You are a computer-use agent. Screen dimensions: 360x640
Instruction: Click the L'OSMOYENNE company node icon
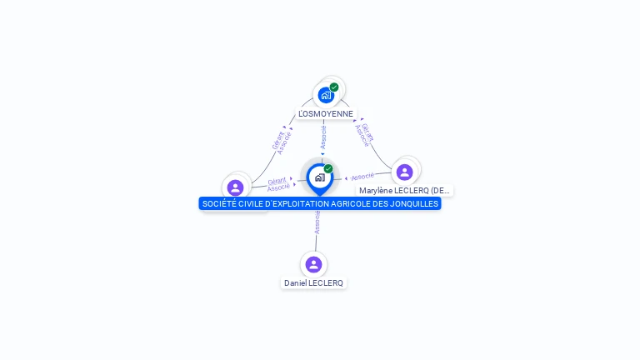(326, 95)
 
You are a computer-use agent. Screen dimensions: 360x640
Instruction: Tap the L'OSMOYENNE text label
(326, 113)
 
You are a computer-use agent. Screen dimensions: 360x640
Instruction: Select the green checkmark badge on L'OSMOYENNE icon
(334, 87)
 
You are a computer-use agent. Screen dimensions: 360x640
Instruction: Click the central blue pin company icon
(319, 177)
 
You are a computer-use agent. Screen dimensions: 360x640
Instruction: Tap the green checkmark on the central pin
(328, 169)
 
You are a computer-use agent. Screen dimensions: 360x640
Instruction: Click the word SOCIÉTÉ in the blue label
(218, 203)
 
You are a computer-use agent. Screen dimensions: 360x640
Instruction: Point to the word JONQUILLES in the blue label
(415, 203)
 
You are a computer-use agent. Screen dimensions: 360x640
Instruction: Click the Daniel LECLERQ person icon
(313, 264)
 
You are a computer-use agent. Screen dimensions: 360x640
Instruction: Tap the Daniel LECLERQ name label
(313, 283)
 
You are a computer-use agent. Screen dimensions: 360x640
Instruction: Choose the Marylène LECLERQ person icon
(405, 172)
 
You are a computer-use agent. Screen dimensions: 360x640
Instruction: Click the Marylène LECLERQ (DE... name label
(404, 191)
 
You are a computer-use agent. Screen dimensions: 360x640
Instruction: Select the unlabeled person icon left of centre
(235, 187)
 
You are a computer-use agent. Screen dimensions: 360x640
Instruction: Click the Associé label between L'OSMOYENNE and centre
(323, 137)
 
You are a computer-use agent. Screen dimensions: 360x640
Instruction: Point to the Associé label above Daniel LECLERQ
(317, 221)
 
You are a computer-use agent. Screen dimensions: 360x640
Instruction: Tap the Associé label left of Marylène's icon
(362, 177)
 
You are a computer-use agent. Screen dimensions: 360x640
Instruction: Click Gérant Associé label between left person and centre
(278, 184)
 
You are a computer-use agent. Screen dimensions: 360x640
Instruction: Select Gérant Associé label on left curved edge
(281, 141)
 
